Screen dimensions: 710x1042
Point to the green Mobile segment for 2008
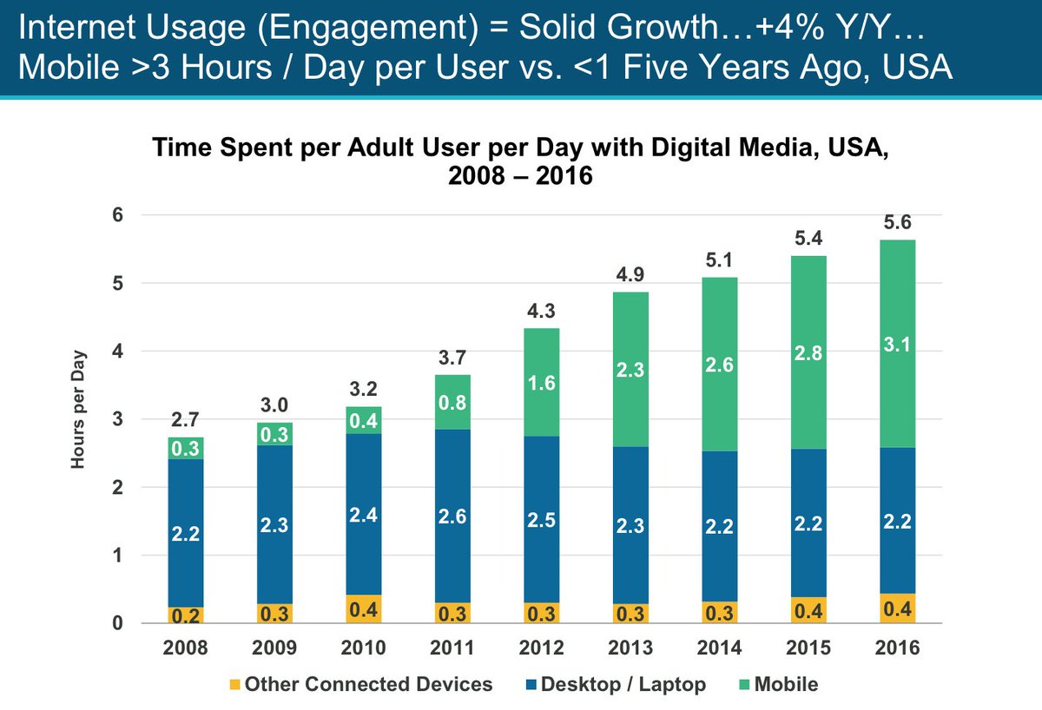pos(185,448)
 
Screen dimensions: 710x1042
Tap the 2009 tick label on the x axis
pos(274,648)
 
